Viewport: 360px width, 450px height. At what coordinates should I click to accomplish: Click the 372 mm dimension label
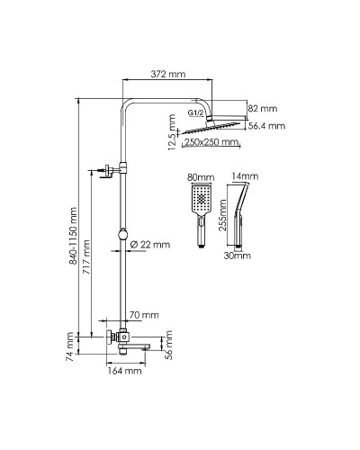click(x=167, y=74)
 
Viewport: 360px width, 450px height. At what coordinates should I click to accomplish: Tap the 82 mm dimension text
click(x=263, y=108)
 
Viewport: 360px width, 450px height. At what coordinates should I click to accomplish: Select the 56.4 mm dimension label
click(x=266, y=126)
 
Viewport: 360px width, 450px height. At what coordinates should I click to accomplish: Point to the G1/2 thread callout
click(x=196, y=112)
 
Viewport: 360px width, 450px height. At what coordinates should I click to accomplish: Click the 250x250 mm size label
click(x=211, y=142)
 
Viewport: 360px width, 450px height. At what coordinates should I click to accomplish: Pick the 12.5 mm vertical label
click(x=172, y=132)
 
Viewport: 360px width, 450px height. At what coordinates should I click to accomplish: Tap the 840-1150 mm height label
click(x=73, y=236)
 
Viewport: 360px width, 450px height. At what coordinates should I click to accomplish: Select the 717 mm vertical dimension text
click(x=86, y=257)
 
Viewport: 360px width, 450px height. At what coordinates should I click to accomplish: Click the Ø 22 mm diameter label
click(x=150, y=245)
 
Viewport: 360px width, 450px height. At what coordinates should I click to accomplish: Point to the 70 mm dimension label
click(x=144, y=315)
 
